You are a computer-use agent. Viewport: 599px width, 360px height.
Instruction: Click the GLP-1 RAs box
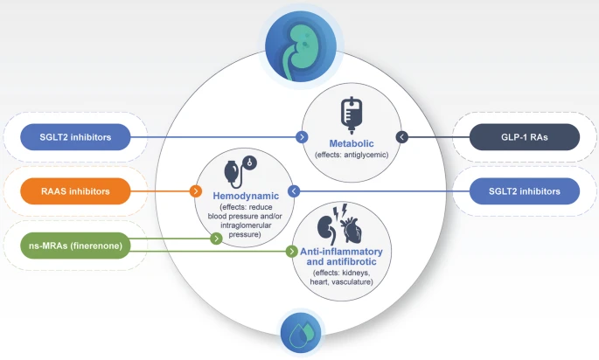(x=524, y=137)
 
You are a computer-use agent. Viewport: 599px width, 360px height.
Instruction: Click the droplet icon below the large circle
(x=298, y=332)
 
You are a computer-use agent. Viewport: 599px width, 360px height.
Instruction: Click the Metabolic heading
(x=351, y=142)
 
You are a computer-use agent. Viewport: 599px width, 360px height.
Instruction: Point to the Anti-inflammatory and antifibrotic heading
(x=337, y=257)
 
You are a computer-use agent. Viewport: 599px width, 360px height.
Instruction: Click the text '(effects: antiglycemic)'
(x=351, y=155)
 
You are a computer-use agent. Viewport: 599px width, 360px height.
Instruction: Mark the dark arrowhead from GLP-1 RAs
(x=401, y=137)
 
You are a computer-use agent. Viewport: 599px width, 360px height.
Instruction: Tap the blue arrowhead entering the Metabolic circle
(x=302, y=137)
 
